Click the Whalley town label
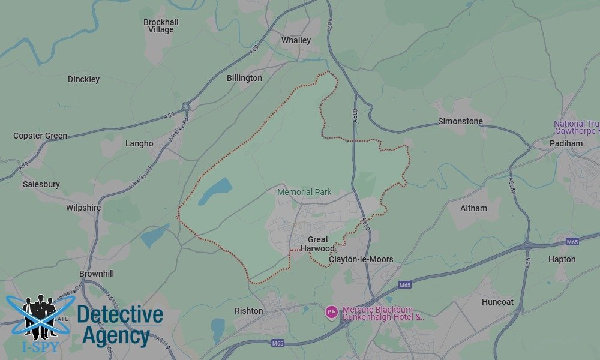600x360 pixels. pos(296,40)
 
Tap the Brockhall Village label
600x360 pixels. pos(161,26)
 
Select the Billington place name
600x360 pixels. pos(244,78)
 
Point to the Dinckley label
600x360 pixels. pos(83,79)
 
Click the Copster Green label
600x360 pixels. pos(40,136)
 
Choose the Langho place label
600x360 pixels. pos(139,143)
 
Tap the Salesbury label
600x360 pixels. pos(41,184)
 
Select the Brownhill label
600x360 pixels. pos(97,274)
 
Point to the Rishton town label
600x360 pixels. pos(248,311)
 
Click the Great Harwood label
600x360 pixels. pos(318,244)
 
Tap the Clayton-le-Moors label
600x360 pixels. pos(361,259)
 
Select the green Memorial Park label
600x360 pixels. pos(304,192)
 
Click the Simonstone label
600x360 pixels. pos(460,121)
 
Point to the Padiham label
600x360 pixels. pos(566,143)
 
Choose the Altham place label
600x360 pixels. pos(473,208)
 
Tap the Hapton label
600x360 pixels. pos(562,259)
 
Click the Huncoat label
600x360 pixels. pos(497,302)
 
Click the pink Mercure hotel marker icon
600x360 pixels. pos(331,311)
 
